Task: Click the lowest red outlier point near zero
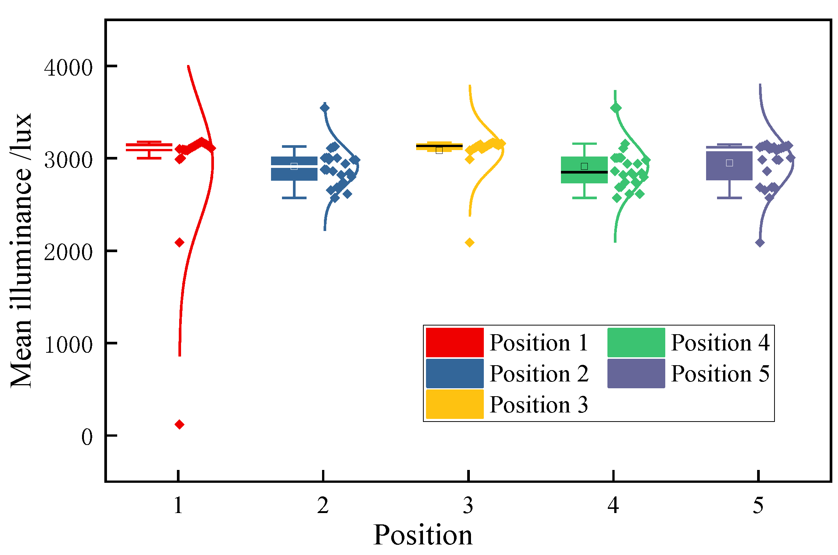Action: click(x=180, y=424)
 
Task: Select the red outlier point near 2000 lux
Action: click(x=180, y=242)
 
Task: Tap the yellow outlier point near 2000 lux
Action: click(x=469, y=242)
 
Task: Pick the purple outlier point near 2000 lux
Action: click(x=760, y=243)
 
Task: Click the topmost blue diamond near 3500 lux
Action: click(x=325, y=108)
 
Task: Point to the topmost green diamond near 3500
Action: click(x=616, y=108)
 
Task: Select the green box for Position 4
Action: click(x=584, y=178)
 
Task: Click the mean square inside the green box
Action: click(x=584, y=166)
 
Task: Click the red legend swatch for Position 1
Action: click(x=454, y=342)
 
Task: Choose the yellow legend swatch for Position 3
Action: click(x=454, y=404)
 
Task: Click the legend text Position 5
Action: click(x=720, y=374)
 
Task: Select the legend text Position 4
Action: click(x=720, y=343)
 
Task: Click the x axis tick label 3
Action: click(x=468, y=505)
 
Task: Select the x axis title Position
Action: click(x=423, y=535)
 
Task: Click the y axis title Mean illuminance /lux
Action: click(x=21, y=250)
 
